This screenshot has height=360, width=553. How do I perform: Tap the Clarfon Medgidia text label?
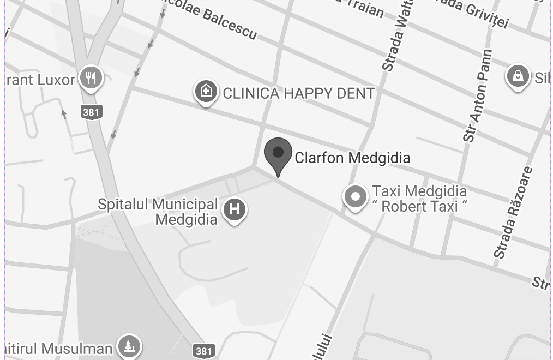pos(352,158)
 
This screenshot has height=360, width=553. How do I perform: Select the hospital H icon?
pos(235,209)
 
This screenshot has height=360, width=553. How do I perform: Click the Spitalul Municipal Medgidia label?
pos(158,212)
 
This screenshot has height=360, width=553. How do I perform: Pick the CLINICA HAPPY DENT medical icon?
pos(206,91)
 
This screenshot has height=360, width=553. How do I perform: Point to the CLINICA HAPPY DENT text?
pos(298,93)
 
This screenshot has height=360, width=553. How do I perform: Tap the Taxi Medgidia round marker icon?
pos(356,196)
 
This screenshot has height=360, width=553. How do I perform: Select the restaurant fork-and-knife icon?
pos(91,77)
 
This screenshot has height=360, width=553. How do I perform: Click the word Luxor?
pos(56,80)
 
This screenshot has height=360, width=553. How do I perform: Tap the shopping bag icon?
pos(518,76)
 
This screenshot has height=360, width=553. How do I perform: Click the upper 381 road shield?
pos(92,112)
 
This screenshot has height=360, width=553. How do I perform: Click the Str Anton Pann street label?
pos(478,96)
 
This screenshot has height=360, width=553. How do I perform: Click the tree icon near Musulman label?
pos(129,346)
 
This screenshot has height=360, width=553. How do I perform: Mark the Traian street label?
pos(363,7)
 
